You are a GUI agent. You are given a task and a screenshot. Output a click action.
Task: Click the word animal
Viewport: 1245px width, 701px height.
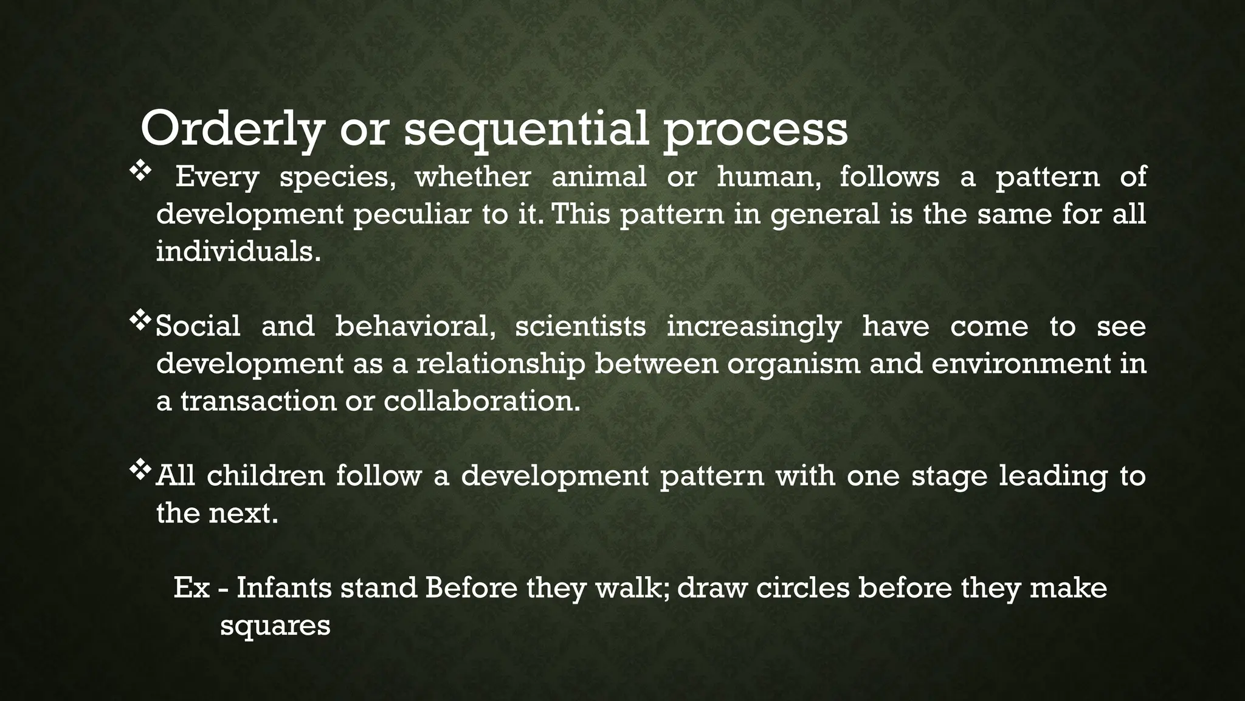[599, 177]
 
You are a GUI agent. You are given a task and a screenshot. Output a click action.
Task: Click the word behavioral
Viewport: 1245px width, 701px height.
[415, 326]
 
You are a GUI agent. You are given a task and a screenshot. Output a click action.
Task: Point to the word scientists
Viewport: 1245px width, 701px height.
[580, 326]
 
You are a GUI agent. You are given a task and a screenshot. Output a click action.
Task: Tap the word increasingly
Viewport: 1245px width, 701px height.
[754, 327]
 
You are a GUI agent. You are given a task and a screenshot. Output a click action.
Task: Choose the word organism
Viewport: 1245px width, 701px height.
[793, 364]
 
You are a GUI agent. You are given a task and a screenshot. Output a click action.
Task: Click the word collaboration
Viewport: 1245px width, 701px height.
[482, 401]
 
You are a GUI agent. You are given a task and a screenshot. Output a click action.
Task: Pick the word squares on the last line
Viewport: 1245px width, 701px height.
[275, 626]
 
